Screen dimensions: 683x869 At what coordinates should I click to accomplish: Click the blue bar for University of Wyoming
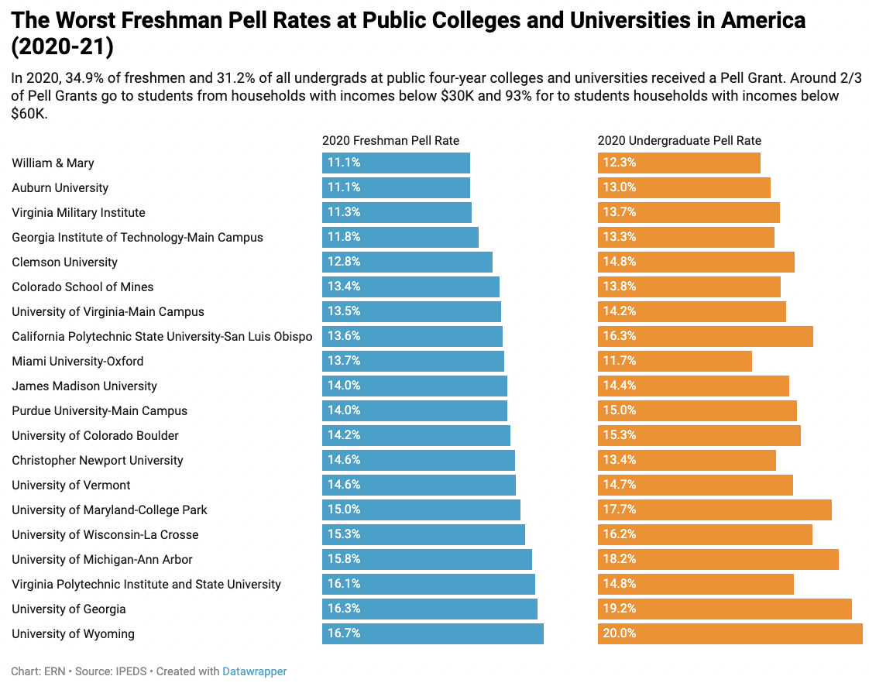coord(433,633)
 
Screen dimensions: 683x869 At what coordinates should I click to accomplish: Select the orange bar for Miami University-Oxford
coord(675,361)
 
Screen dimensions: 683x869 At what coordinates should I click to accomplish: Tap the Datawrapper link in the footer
coord(254,671)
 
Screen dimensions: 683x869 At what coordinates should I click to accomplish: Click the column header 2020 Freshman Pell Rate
coord(390,141)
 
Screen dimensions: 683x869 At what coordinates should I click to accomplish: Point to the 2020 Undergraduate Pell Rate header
coord(679,141)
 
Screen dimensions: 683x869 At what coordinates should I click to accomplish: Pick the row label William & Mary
coord(53,163)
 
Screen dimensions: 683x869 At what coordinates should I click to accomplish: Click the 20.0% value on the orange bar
coord(620,633)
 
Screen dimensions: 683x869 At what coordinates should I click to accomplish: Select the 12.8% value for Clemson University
coord(344,262)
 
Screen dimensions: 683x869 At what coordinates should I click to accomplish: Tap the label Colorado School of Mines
coord(83,287)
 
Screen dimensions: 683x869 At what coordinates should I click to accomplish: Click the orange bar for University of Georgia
coord(725,609)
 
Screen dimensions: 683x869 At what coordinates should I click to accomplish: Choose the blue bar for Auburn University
coord(397,187)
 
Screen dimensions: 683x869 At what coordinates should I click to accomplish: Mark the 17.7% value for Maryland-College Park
coord(620,510)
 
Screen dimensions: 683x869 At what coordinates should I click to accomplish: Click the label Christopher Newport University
coord(98,460)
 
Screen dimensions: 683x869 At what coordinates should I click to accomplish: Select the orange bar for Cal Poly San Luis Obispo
coord(706,336)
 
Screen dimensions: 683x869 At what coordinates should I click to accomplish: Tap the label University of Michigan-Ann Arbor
coord(102,559)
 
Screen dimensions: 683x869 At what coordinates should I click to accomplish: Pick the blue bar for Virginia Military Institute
coord(397,212)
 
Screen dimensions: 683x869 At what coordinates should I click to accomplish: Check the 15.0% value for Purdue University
coord(620,410)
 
